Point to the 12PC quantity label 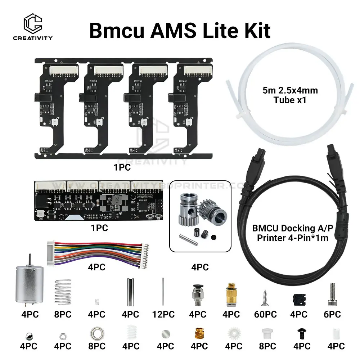(x=164, y=314)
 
